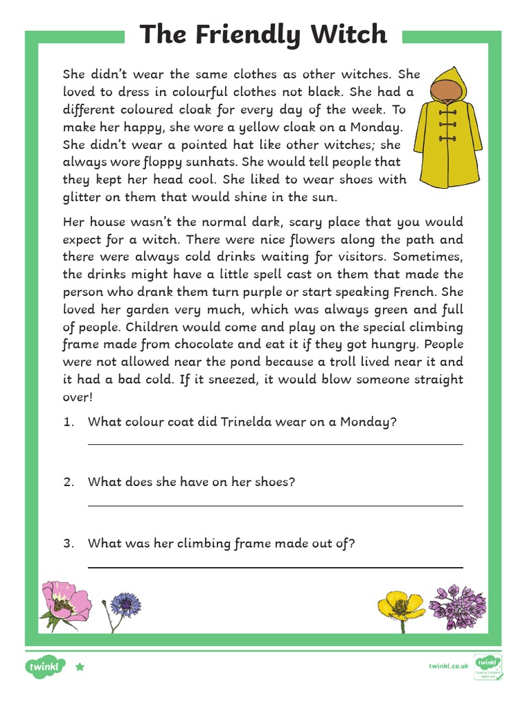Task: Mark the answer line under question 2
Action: click(275, 506)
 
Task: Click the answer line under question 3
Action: click(275, 568)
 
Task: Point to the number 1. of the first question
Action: click(68, 423)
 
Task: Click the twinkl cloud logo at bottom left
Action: click(45, 666)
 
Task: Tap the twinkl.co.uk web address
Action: click(449, 666)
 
